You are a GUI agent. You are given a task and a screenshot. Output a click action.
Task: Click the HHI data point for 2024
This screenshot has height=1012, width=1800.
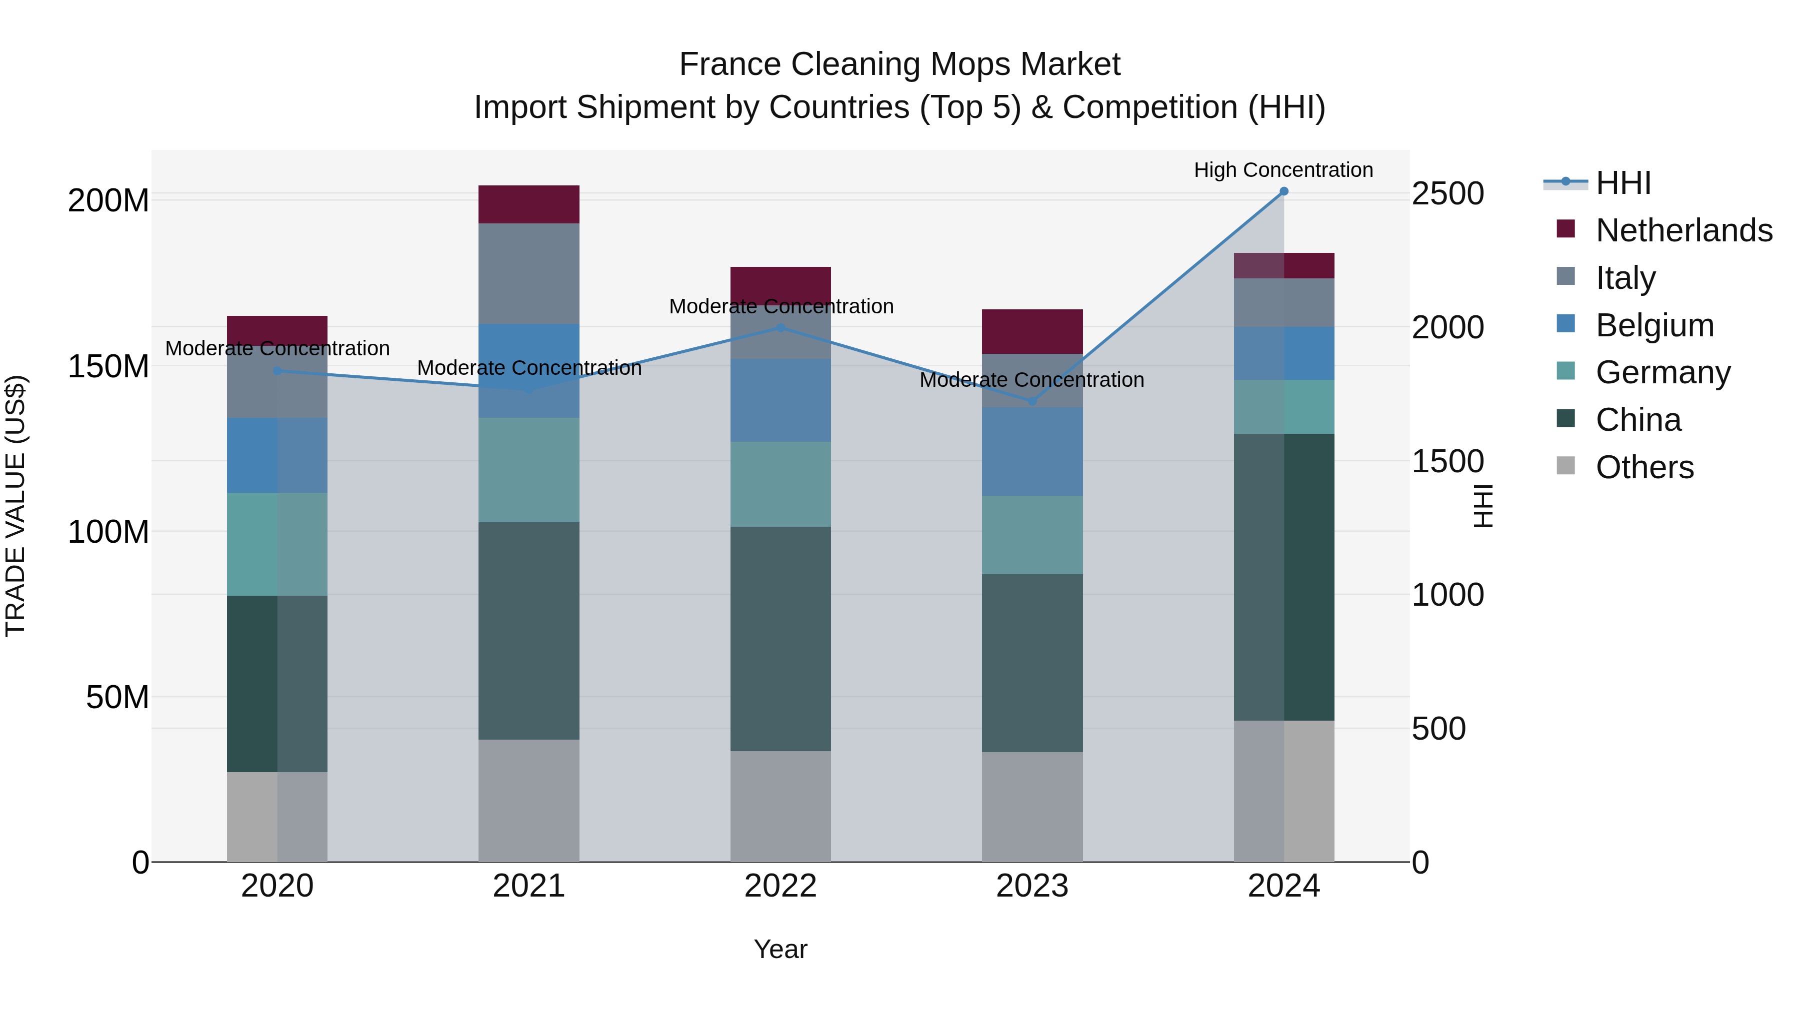(x=1283, y=191)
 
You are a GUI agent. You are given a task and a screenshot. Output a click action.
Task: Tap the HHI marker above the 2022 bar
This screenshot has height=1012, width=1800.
(x=780, y=327)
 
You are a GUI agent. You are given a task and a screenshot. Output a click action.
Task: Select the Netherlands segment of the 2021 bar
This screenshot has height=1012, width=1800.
(x=529, y=204)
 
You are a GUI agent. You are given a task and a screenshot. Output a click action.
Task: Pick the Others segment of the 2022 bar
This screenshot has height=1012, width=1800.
(x=780, y=807)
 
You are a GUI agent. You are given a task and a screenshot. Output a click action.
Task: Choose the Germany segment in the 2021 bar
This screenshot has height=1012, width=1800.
(x=529, y=470)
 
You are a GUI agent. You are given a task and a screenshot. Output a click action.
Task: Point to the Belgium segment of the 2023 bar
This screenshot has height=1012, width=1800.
(x=1032, y=452)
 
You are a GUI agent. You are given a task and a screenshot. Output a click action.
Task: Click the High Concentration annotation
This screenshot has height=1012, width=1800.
(x=1283, y=170)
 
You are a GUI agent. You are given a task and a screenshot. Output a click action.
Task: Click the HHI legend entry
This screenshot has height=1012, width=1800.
(x=1623, y=183)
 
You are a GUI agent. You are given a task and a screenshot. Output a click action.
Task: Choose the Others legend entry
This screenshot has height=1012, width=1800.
(x=1644, y=467)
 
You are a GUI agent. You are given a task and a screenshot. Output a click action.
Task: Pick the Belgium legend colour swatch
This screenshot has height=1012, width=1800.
(x=1566, y=324)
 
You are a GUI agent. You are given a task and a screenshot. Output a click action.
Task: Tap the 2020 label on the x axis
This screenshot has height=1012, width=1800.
(x=277, y=886)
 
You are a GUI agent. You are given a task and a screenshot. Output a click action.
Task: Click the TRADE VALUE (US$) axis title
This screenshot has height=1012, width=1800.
(x=15, y=506)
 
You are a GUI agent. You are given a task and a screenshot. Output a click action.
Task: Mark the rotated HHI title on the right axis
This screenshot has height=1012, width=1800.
(x=1482, y=506)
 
